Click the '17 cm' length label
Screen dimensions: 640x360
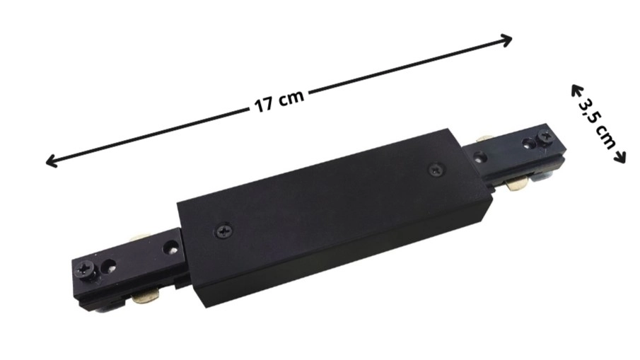point(279,100)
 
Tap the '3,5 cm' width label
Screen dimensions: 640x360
point(598,124)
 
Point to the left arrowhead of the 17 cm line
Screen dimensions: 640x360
point(51,161)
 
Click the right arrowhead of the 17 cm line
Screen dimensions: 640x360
point(506,40)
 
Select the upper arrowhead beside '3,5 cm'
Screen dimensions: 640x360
point(576,91)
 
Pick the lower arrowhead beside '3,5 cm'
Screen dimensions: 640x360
point(620,157)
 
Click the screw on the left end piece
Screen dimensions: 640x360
point(86,269)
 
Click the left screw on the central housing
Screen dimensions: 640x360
point(224,232)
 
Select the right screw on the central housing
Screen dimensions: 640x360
point(437,169)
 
